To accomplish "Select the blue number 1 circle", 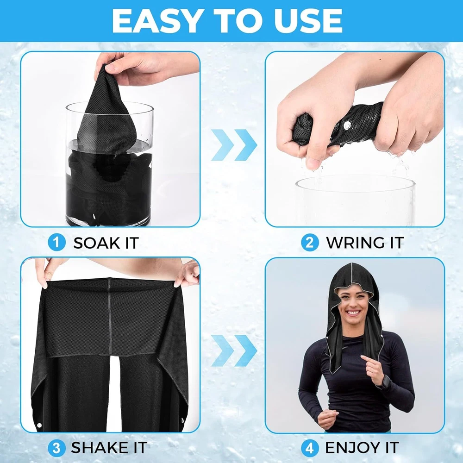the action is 56,243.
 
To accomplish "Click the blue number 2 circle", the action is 309,243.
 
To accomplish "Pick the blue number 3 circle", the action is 56,448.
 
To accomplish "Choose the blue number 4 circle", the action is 309,448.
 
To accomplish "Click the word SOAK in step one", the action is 96,243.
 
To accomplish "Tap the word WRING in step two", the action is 352,243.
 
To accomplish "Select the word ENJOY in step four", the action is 352,448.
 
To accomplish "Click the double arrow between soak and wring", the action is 234,145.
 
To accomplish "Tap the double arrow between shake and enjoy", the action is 234,350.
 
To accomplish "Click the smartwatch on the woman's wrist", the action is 385,383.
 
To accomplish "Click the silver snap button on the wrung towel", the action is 347,126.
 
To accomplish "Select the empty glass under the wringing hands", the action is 355,201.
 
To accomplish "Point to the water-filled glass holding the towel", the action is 109,164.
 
